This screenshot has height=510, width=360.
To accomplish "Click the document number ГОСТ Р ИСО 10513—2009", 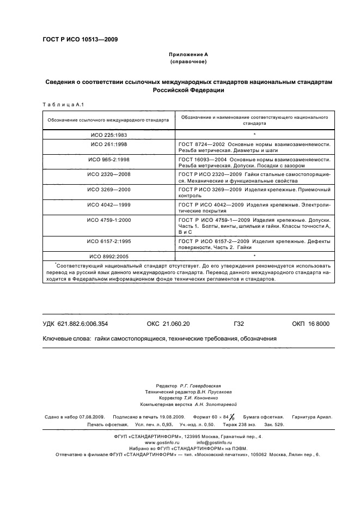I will pyautogui.click(x=80, y=40).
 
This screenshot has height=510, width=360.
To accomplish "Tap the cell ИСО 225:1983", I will pyautogui.click(x=108, y=134).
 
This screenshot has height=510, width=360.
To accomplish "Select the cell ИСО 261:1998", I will pyautogui.click(x=108, y=144).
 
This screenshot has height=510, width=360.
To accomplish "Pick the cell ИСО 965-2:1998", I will pyautogui.click(x=108, y=160).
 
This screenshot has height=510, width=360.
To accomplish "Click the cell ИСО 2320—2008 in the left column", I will pyautogui.click(x=108, y=174).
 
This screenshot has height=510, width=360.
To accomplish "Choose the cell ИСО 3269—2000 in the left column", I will pyautogui.click(x=108, y=189).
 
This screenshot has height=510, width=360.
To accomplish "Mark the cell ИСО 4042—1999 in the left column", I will pyautogui.click(x=108, y=204).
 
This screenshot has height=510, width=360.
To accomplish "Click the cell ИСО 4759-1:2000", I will pyautogui.click(x=108, y=218).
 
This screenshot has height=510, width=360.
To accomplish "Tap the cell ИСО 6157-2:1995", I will pyautogui.click(x=108, y=240).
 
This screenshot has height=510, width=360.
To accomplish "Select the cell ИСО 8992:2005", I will pyautogui.click(x=108, y=256).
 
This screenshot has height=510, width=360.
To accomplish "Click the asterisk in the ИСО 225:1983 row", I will pyautogui.click(x=254, y=135).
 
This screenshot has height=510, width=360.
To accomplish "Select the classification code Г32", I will pyautogui.click(x=238, y=324).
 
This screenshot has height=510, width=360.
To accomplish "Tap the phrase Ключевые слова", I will pyautogui.click(x=66, y=338).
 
